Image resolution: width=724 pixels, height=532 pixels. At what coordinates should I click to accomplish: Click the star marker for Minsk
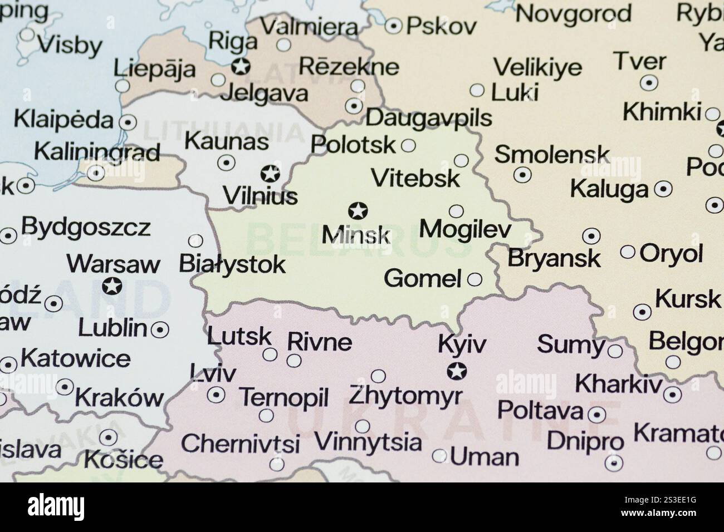(x=358, y=211)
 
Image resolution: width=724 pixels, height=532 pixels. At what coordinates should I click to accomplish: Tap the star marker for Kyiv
(x=458, y=370)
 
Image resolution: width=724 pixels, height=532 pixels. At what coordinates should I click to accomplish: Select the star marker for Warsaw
(x=112, y=286)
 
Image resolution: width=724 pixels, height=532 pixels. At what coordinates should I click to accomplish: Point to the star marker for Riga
(x=241, y=67)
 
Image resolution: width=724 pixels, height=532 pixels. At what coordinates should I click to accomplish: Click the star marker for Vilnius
(x=271, y=174)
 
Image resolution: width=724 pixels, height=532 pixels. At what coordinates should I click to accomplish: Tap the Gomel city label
(x=423, y=278)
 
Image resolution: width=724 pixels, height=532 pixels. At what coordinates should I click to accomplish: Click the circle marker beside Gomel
(x=474, y=279)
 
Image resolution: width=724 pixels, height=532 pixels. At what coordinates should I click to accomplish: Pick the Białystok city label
(x=232, y=264)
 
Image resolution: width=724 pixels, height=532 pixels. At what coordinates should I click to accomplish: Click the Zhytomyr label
(x=405, y=396)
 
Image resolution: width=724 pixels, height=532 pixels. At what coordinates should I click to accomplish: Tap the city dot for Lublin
(x=160, y=329)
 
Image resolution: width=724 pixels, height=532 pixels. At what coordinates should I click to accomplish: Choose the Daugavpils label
(x=429, y=118)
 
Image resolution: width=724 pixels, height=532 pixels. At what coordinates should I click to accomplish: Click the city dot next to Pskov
(x=394, y=25)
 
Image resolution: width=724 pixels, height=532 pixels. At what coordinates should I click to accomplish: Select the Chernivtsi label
(x=240, y=444)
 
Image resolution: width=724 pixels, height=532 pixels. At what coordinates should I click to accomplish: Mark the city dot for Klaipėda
(x=129, y=122)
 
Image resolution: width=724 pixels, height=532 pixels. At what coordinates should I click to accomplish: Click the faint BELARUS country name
(x=356, y=239)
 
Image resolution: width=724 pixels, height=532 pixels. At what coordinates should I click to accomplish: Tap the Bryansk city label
(x=554, y=258)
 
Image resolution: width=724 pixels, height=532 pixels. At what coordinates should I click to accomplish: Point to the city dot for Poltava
(x=598, y=415)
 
